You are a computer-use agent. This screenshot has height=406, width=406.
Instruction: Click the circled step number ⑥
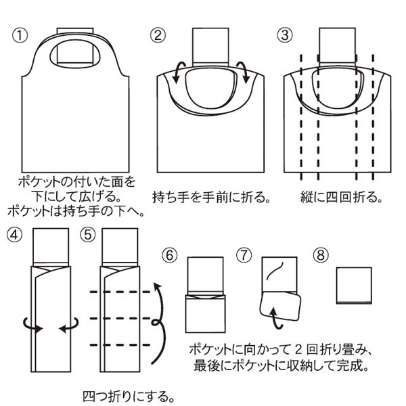[x=171, y=255]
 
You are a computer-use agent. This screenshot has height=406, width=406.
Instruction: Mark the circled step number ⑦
[x=244, y=255]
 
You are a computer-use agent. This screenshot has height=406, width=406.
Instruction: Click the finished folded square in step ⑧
[x=354, y=286]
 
